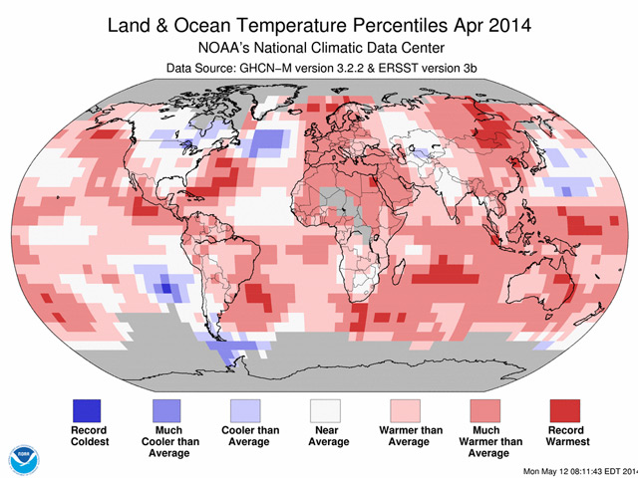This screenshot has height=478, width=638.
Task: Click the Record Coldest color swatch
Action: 88,409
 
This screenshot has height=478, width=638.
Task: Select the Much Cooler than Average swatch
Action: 165,409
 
